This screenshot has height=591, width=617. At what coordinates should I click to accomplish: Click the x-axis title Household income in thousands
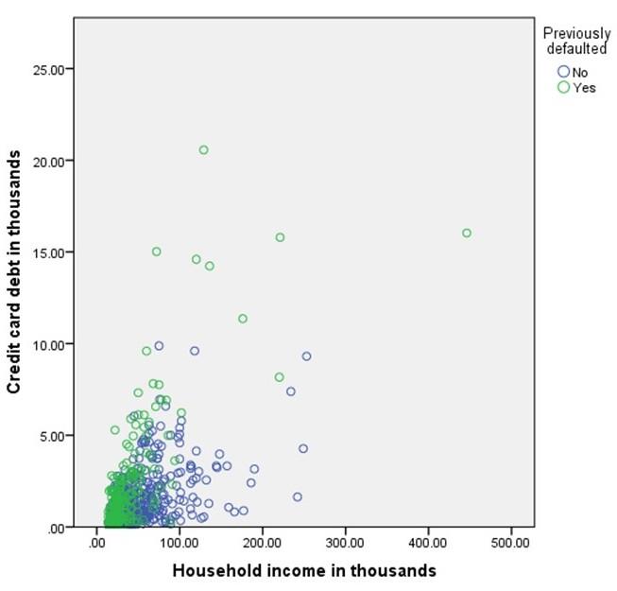click(x=303, y=571)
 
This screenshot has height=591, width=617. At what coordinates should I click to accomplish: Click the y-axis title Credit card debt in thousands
click(x=14, y=275)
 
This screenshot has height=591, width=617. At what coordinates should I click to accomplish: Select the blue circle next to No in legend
click(x=564, y=71)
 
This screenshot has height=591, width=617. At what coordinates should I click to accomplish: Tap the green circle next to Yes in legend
click(x=564, y=87)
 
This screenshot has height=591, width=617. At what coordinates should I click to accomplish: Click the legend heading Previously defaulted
click(x=576, y=41)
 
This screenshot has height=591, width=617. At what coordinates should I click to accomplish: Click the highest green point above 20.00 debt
click(x=203, y=150)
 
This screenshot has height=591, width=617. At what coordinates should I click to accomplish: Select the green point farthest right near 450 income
click(x=467, y=234)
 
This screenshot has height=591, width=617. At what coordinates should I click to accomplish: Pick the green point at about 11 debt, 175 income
click(x=243, y=319)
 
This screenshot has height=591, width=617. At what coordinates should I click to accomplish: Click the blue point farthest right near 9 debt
click(x=306, y=356)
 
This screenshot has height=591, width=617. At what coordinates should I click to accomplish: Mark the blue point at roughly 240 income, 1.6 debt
click(x=297, y=496)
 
